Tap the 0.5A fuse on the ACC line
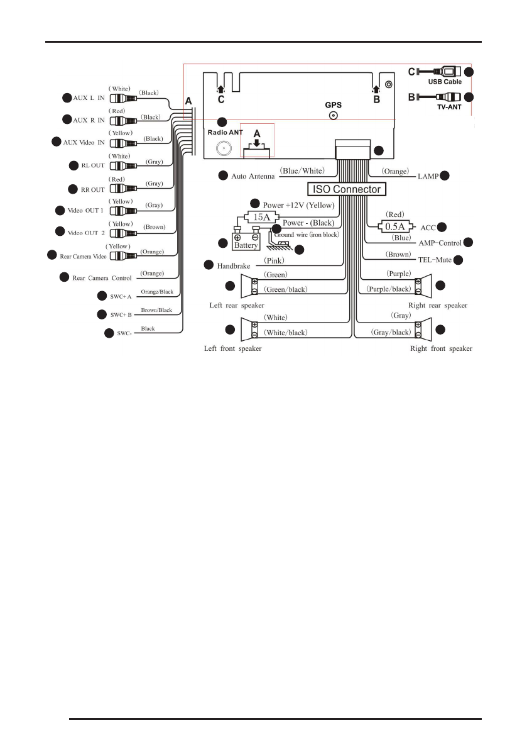click(394, 226)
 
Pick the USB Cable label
click(445, 82)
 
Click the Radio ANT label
click(225, 133)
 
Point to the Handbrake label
click(234, 266)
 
